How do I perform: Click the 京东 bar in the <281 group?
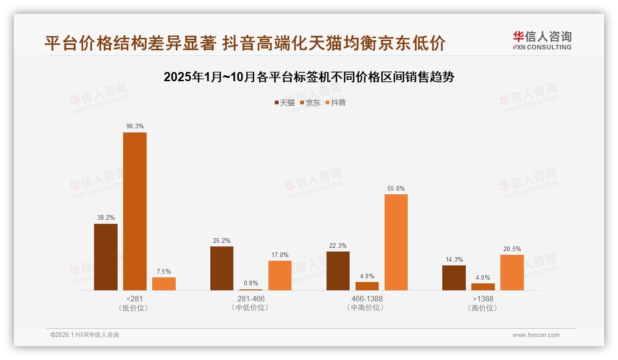135,211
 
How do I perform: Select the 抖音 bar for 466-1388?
396,242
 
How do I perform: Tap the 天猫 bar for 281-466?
222,268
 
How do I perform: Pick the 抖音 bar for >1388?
512,272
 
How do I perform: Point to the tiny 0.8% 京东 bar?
251,289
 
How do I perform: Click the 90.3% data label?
135,126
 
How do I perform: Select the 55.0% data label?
396,188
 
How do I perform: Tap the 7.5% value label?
163,271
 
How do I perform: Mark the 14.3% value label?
454,259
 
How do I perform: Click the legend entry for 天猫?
285,103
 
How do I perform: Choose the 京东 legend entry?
310,103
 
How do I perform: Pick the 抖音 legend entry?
336,103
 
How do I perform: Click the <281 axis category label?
134,299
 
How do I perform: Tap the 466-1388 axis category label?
367,299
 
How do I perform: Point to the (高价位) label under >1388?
483,308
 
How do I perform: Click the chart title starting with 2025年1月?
309,77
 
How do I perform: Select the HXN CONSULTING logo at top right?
542,41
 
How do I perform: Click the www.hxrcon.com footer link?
536,335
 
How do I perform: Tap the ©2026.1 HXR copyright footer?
85,335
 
